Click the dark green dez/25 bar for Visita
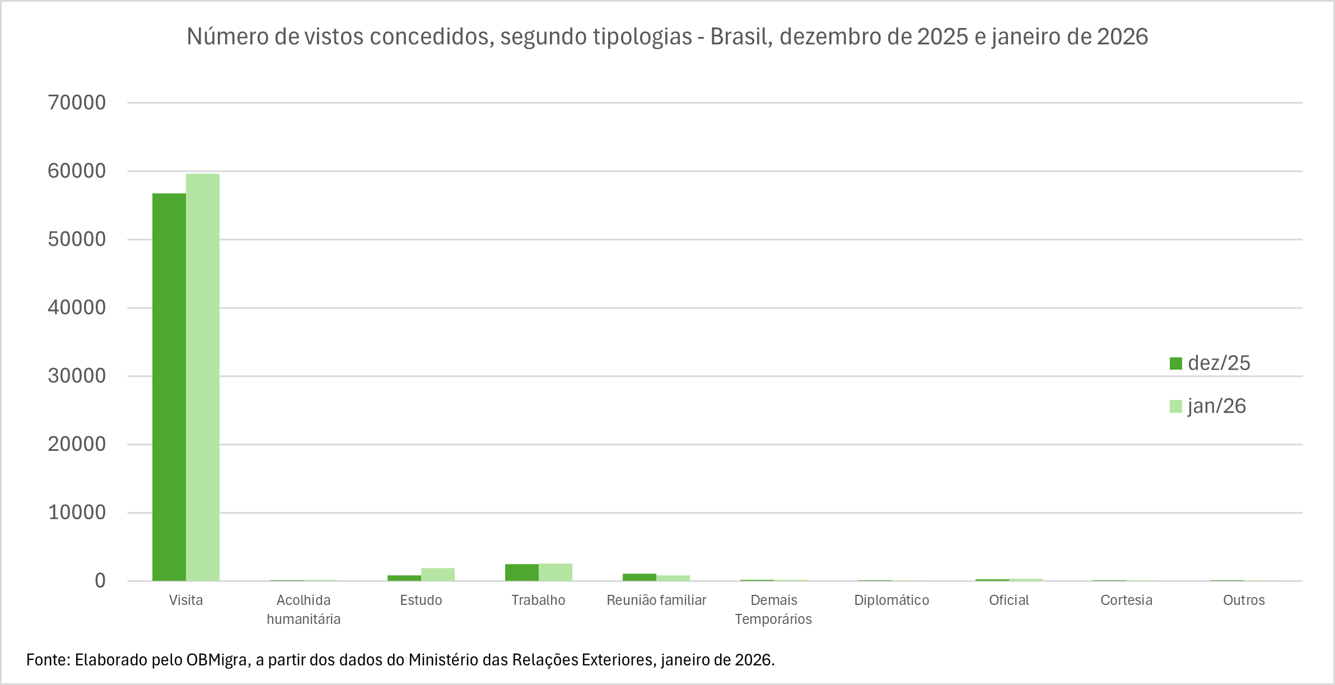click(x=169, y=386)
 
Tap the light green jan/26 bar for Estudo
click(x=438, y=575)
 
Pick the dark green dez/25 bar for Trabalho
click(x=522, y=572)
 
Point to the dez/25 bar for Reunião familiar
click(x=640, y=577)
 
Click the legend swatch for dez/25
click(x=1176, y=364)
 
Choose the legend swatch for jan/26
click(x=1176, y=406)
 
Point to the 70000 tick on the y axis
click(x=77, y=102)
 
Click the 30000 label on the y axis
click(x=77, y=376)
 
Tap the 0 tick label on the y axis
click(x=100, y=581)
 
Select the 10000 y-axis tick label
click(x=77, y=512)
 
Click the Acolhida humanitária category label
click(x=304, y=609)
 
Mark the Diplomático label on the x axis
click(x=891, y=600)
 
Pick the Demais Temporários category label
click(x=773, y=609)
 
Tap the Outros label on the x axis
click(x=1244, y=600)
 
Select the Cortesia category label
click(x=1126, y=600)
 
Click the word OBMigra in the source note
click(x=217, y=660)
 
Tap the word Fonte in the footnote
click(x=48, y=660)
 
